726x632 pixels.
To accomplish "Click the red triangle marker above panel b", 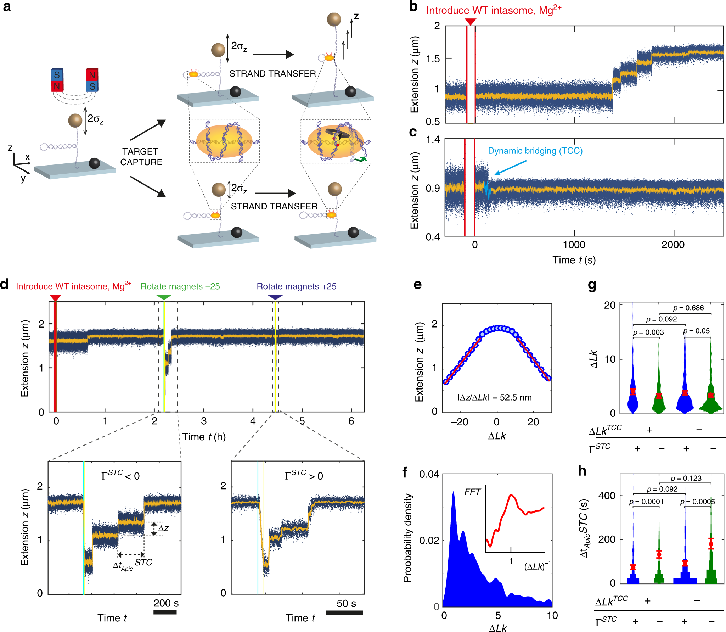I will click(470, 22).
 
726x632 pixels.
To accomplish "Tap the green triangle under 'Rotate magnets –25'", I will click(163, 297).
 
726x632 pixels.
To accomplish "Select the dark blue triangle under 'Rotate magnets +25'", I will click(275, 297).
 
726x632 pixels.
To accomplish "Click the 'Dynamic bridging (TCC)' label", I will click(535, 151).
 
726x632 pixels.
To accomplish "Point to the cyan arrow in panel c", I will click(510, 167).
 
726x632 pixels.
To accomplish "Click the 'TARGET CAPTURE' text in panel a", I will click(141, 157).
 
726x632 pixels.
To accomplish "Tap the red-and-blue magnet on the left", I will click(57, 80).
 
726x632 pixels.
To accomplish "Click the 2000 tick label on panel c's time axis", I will click(673, 245).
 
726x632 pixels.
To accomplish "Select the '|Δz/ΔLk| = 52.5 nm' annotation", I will click(495, 397).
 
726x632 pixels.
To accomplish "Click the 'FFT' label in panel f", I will click(472, 492).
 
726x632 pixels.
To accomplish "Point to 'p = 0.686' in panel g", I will click(688, 308).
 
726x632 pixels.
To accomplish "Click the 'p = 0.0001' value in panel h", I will click(646, 502).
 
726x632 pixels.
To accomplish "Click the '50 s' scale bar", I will click(344, 612).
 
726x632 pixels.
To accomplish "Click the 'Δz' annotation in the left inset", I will click(163, 528).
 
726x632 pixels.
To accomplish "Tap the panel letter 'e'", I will click(418, 284).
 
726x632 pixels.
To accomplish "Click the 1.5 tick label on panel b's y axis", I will click(433, 58).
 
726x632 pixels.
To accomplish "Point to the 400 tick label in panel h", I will click(607, 495).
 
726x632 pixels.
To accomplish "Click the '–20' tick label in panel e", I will click(460, 422).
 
